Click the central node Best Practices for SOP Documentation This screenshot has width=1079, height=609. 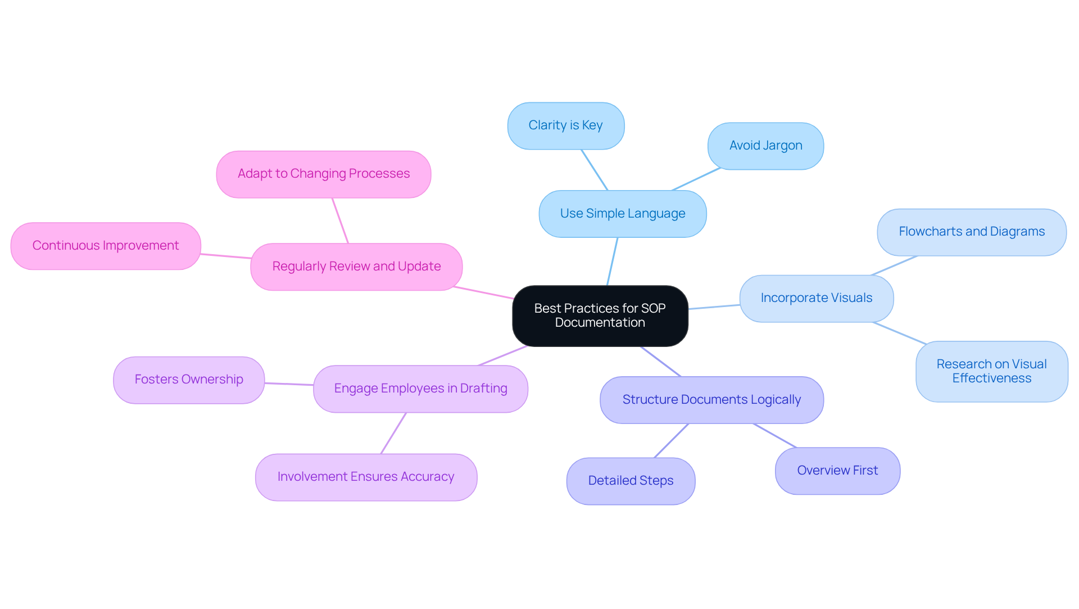pos(600,315)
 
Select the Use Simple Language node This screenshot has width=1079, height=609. pos(622,214)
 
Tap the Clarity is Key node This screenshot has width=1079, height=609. pos(565,125)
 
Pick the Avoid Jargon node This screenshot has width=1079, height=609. pos(765,146)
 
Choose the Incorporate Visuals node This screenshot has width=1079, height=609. pos(816,298)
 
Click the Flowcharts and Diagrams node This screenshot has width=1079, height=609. pos(971,232)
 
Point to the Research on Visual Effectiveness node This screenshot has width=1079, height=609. pos(991,371)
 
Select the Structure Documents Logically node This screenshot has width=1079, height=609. pos(711,400)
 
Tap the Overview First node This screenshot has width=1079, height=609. pos(837,471)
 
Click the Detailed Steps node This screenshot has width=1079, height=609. pos(631,481)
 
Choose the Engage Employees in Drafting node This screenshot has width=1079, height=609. pos(420,389)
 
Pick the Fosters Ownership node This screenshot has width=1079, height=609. pos(189,380)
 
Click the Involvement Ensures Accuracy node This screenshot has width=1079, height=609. pos(366,477)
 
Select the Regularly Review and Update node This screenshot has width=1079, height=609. pos(356,267)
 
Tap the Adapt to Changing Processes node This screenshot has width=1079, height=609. pos(324,174)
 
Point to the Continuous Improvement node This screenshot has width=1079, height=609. pos(106,246)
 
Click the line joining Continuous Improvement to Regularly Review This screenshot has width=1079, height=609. pos(226,256)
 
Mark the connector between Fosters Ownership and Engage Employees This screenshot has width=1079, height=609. pos(289,384)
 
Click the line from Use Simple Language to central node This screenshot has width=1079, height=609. pos(613,261)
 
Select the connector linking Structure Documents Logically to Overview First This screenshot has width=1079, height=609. pos(775,436)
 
